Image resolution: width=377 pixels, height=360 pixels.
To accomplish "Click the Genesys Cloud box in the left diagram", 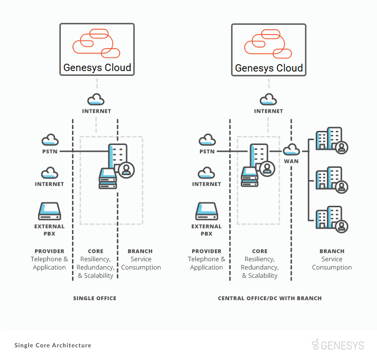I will [97, 49].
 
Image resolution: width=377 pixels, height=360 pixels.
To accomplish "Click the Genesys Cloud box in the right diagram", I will [269, 49].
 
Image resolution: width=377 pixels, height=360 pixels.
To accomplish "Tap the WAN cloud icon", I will [292, 149].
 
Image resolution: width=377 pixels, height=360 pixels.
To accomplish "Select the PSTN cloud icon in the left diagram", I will [50, 141].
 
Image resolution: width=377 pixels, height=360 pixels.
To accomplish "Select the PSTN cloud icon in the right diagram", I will [207, 141].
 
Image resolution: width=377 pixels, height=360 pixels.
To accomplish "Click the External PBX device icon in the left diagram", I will [49, 212].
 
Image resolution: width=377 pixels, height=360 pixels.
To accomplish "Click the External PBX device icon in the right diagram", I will [207, 212].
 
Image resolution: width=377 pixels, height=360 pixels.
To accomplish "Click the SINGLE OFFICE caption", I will [95, 298].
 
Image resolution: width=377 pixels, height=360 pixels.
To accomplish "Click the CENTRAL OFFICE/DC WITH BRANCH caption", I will [269, 298].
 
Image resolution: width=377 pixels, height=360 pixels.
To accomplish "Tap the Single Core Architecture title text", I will [53, 345].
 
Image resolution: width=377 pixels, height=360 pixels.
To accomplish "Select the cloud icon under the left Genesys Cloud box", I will [96, 100].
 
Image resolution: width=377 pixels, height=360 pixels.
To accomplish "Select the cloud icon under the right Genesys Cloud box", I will [268, 100].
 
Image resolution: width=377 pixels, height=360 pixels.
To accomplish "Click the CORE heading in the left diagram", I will [95, 252].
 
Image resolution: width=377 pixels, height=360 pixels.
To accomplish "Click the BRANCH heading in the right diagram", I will [332, 252].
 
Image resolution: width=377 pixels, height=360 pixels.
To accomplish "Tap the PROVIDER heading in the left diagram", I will [49, 252].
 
